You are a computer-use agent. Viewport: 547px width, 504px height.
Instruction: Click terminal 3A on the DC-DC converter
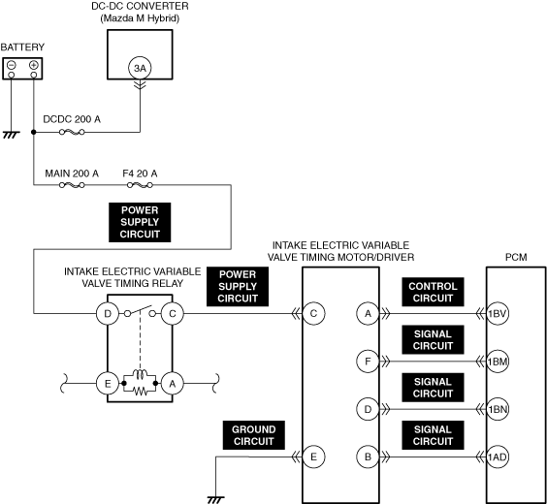pos(140,68)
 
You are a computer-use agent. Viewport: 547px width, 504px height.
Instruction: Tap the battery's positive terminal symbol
pos(34,65)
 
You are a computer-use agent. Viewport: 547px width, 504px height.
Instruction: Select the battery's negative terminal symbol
pos(12,65)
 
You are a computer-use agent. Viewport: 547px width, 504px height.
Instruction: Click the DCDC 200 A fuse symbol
pos(72,132)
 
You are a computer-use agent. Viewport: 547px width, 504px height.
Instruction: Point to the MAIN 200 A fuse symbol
pos(72,185)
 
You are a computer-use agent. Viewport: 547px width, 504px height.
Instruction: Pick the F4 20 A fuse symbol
pos(140,185)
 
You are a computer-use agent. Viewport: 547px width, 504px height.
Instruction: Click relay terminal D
pos(108,314)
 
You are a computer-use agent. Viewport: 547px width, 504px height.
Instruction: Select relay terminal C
pos(173,314)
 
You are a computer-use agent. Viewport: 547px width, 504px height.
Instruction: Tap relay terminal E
pos(108,384)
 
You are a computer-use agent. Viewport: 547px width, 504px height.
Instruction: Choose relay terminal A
pos(173,384)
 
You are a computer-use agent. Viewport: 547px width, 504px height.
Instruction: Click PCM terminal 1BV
pos(498,314)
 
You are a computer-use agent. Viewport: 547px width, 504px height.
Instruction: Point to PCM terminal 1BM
pos(498,362)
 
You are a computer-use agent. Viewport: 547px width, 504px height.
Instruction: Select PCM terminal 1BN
pos(498,409)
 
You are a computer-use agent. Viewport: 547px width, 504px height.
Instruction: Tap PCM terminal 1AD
pos(498,457)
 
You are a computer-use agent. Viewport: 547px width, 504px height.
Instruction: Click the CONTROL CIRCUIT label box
pos(433,292)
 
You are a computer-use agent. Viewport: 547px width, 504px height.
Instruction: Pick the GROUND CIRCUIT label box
pos(254,435)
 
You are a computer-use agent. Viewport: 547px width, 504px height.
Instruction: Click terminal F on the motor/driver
pos(368,362)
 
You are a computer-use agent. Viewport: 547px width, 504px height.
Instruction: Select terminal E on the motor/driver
pos(313,457)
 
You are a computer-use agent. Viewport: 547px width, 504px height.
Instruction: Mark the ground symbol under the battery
pos(12,135)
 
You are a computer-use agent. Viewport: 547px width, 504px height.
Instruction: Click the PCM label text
pos(516,257)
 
